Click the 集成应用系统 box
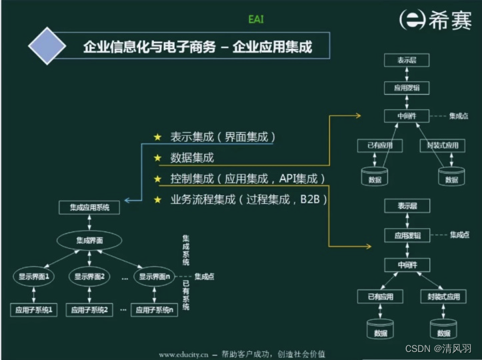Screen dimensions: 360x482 coord(90,207)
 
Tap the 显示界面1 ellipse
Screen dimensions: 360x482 coord(34,276)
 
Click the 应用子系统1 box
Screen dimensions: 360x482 coord(34,310)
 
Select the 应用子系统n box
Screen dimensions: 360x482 coord(153,310)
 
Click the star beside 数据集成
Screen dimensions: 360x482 coord(158,158)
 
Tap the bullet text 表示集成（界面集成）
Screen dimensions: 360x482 coord(223,137)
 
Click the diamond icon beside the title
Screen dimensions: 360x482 coord(49,47)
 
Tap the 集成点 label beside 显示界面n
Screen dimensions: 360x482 coord(205,276)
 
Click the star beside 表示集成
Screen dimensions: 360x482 coord(158,137)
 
